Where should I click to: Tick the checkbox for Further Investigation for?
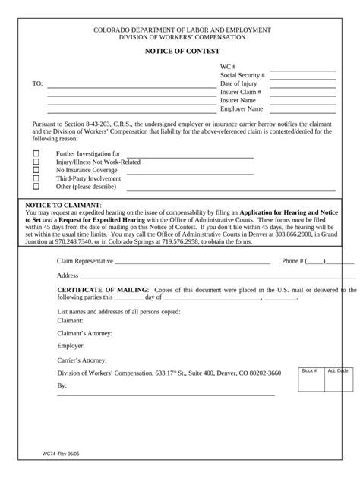[x=36, y=154]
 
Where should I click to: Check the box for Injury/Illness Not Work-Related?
[x=36, y=162]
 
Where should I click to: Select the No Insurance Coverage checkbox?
[x=36, y=171]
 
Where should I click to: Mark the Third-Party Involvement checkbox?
[x=36, y=179]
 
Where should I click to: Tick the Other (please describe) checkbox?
[x=36, y=187]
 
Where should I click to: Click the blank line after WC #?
[x=302, y=70]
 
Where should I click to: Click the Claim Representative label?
[x=85, y=260]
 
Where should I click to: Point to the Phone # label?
[x=292, y=260]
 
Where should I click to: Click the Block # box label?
[x=309, y=370]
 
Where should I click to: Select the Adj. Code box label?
[x=338, y=370]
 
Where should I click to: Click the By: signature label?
[x=62, y=385]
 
